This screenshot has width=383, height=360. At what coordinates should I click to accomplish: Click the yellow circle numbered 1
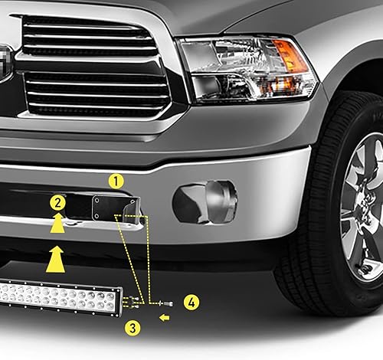(x=116, y=182)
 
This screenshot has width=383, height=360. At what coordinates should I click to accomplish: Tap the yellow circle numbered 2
(x=56, y=203)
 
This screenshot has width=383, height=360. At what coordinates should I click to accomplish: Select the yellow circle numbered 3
(x=133, y=328)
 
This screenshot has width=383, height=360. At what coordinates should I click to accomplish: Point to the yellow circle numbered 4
(x=191, y=303)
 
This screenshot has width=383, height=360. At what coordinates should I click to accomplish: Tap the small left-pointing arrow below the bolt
(x=164, y=316)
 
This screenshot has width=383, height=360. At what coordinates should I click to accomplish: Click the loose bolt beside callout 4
(x=165, y=303)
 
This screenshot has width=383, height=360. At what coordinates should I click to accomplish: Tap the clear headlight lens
(x=230, y=65)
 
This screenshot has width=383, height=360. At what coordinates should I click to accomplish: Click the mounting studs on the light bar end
(x=129, y=301)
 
